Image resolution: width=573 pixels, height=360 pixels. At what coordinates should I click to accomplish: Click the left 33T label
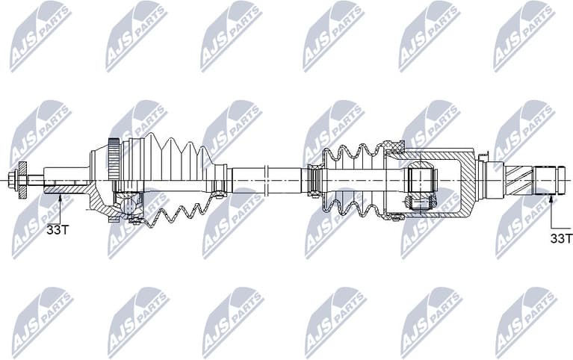57,230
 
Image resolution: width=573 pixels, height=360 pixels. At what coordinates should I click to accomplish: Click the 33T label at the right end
560,238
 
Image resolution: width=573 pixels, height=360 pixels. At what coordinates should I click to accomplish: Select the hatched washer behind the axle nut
23,179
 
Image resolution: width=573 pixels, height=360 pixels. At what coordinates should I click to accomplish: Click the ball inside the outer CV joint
131,202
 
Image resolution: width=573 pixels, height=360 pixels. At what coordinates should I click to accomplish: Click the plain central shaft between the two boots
265,179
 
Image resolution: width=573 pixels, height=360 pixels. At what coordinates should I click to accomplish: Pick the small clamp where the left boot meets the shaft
220,179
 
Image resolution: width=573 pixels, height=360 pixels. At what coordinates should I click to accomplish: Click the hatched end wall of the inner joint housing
468,179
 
